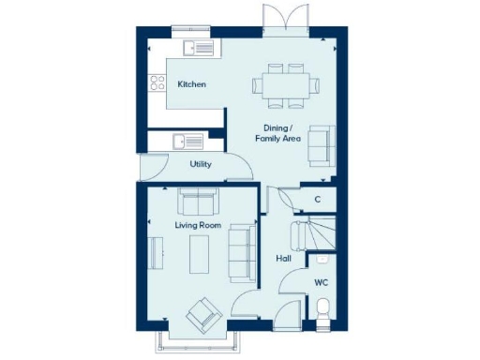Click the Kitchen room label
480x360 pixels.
[191, 84]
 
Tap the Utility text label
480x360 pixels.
[200, 164]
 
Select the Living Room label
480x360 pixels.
[197, 226]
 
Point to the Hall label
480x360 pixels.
[282, 258]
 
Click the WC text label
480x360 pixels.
[321, 281]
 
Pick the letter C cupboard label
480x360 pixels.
[317, 199]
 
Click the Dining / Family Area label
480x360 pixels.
[277, 132]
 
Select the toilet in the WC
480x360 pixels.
[322, 307]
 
